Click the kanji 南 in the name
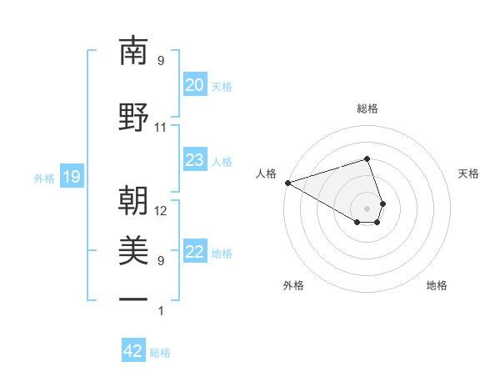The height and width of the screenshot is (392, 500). click(x=134, y=52)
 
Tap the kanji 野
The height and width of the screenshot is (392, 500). click(x=134, y=118)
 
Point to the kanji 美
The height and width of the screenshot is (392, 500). click(x=134, y=249)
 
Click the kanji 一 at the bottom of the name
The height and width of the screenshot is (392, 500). click(x=134, y=298)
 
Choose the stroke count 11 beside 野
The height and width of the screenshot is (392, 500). click(x=161, y=128)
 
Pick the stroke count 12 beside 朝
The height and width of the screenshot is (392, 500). click(x=161, y=211)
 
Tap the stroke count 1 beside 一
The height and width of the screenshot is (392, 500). click(x=161, y=311)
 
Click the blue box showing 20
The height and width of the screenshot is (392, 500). click(x=194, y=85)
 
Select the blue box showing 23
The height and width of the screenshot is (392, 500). click(x=194, y=160)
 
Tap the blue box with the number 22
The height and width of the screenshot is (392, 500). click(x=194, y=252)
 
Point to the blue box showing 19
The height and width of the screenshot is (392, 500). click(x=71, y=177)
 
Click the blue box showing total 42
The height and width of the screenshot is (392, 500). click(x=133, y=351)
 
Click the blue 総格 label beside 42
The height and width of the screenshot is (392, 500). click(x=160, y=353)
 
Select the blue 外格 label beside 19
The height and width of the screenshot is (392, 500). click(x=44, y=178)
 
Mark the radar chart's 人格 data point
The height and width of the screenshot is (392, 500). click(x=287, y=183)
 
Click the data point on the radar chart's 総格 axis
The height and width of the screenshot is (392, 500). click(x=367, y=158)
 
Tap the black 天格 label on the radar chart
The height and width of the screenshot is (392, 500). click(x=468, y=173)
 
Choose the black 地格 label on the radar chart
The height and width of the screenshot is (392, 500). click(x=437, y=285)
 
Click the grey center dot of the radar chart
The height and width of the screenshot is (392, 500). click(x=367, y=208)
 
